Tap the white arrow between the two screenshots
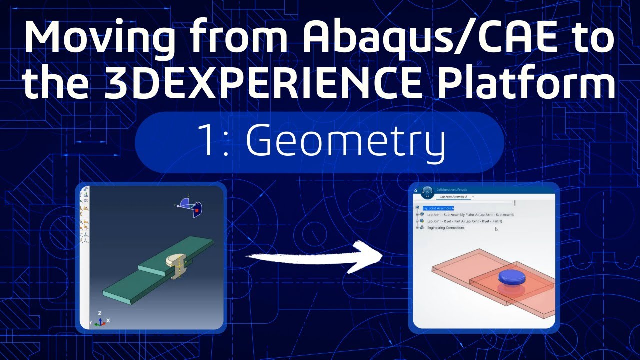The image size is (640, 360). [315, 256]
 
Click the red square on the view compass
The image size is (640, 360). [197, 211]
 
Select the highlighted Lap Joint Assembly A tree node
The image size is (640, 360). [438, 208]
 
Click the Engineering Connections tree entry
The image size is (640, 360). [445, 228]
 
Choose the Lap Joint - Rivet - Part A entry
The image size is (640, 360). [464, 221]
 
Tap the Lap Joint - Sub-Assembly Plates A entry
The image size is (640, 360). [470, 215]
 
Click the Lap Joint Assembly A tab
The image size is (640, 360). [453, 197]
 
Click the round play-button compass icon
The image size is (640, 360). [427, 192]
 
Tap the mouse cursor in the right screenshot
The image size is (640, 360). [496, 229]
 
